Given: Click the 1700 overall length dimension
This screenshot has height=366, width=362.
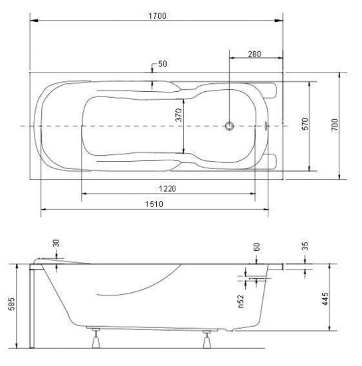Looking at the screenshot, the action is (x=157, y=16).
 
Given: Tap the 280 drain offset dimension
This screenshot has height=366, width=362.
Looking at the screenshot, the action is (x=254, y=54).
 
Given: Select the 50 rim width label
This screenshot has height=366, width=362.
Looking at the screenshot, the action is (x=162, y=64).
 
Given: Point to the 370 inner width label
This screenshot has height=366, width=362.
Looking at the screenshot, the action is (x=179, y=114).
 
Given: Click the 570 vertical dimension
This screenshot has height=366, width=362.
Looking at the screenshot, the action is (x=305, y=124).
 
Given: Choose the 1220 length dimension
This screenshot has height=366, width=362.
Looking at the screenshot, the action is (x=167, y=188).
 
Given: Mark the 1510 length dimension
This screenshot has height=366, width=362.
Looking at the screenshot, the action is (x=154, y=204).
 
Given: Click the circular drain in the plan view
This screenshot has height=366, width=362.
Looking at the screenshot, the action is (x=229, y=126).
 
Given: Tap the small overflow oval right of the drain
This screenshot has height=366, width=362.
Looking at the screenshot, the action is (x=266, y=126).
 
